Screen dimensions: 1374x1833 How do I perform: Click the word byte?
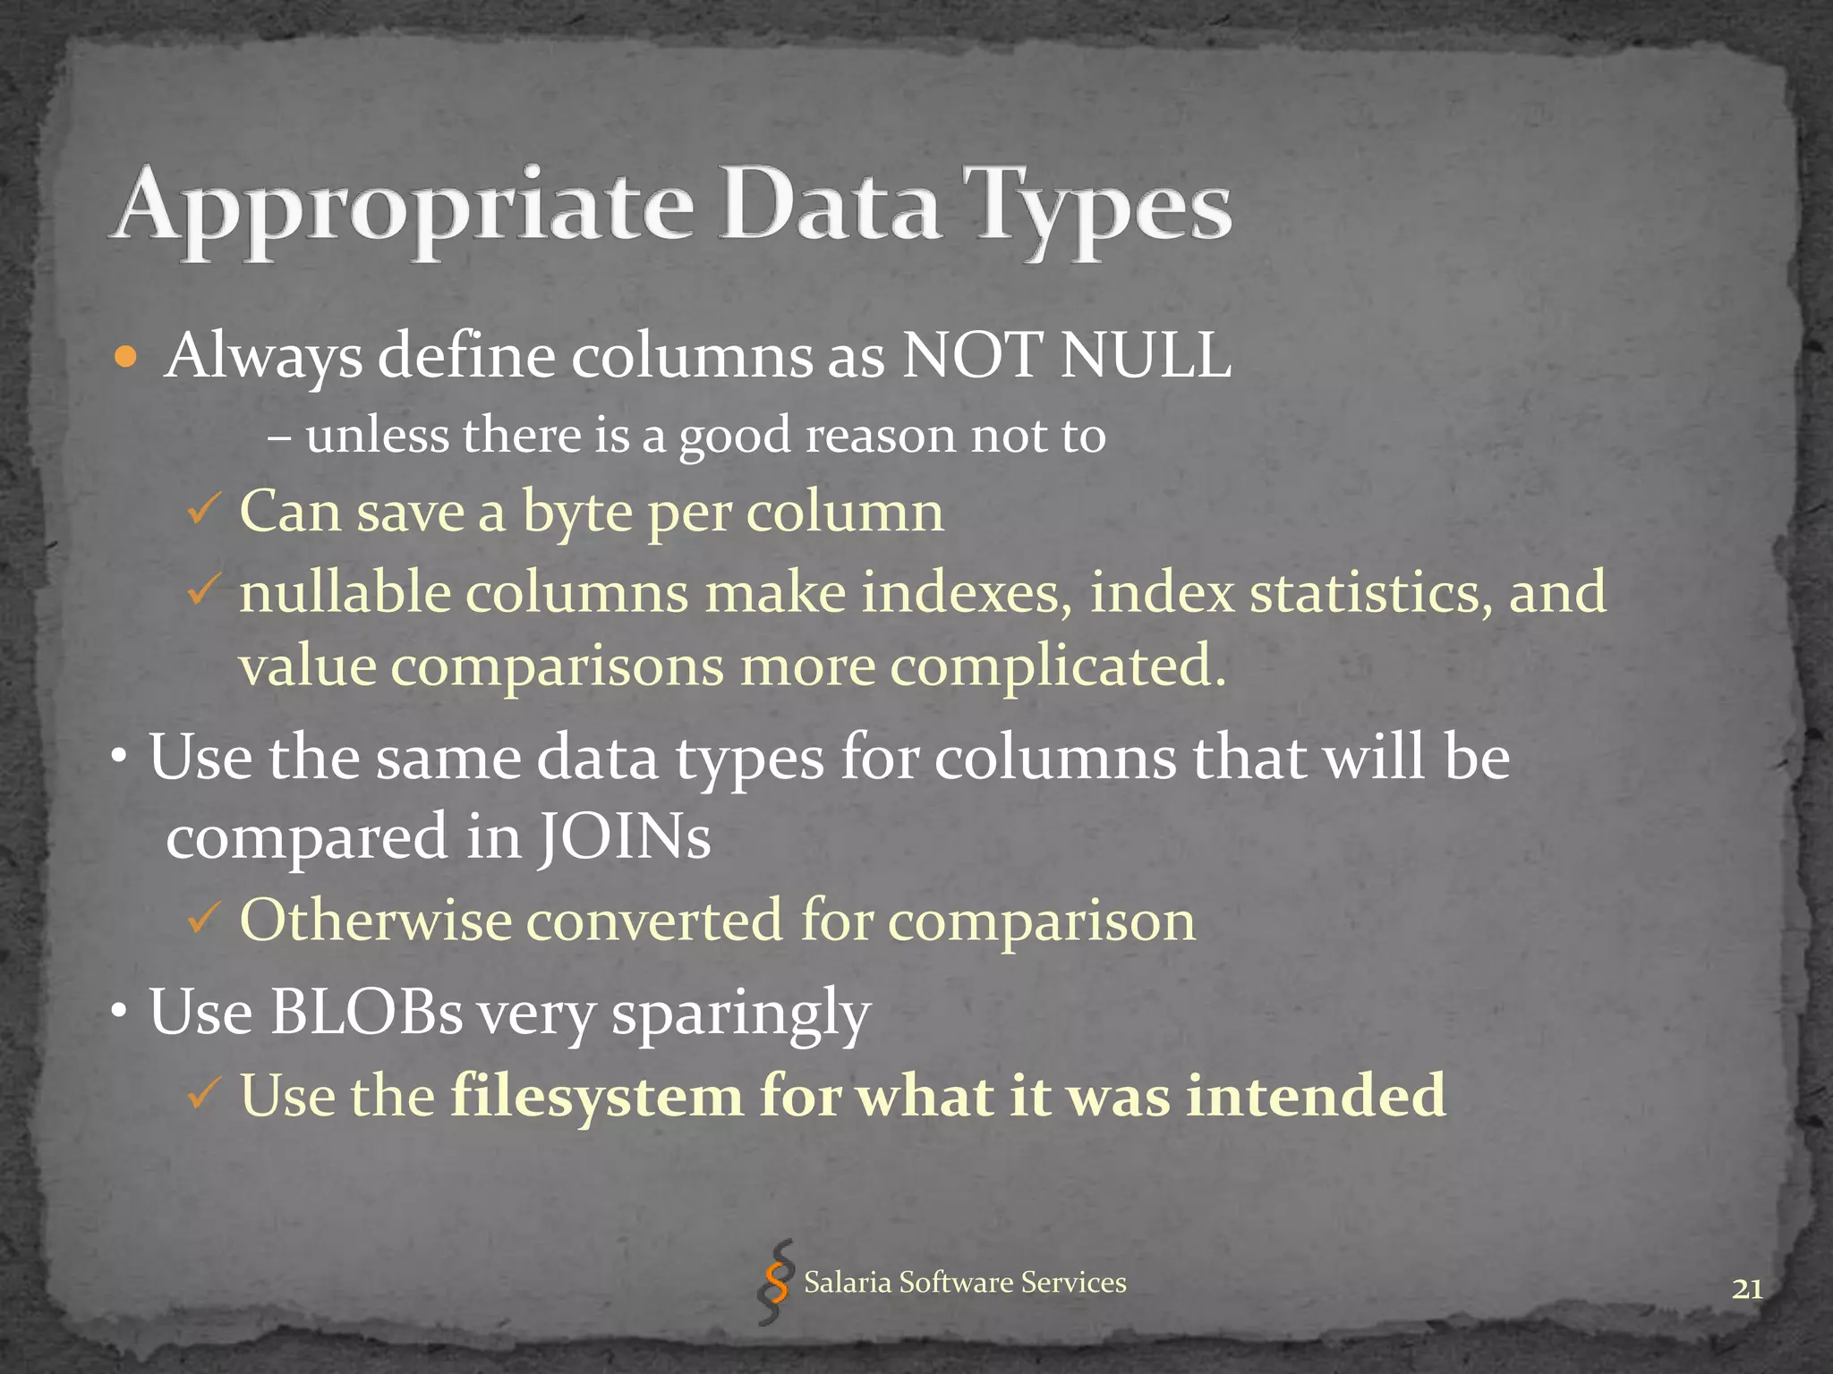coord(577,513)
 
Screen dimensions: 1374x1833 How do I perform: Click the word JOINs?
coord(624,838)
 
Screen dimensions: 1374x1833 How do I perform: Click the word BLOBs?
coord(366,1012)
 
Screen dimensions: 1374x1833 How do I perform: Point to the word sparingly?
coord(740,1015)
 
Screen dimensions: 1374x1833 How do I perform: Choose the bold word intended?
coord(1316,1096)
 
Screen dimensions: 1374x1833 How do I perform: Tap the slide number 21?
coord(1747,1289)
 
